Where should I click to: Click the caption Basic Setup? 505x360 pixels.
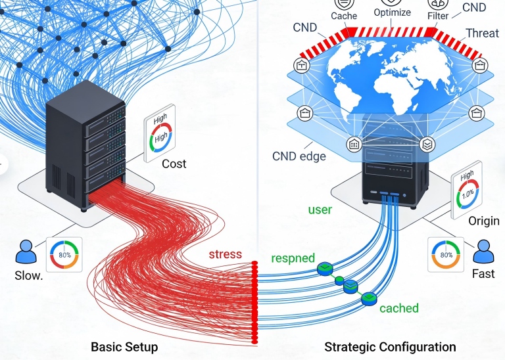pos(124,346)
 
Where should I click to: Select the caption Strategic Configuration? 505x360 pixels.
pos(390,346)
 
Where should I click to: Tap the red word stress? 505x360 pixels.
pos(226,254)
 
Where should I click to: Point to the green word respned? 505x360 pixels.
pos(293,258)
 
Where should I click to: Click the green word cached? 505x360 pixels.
pos(398,307)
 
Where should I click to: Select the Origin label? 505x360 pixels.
pos(483,221)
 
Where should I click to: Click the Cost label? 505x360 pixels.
pos(174,164)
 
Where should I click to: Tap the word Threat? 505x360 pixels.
pos(482,33)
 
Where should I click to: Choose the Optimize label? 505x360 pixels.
pos(392,12)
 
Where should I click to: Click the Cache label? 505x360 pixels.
pos(344,15)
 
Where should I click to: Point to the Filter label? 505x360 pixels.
pos(438,15)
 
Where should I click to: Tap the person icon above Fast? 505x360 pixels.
pos(483,252)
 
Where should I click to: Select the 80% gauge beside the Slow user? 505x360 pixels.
pos(64,254)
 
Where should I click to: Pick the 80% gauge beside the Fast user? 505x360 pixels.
pos(446,254)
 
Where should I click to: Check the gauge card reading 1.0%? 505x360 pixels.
pos(467,192)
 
